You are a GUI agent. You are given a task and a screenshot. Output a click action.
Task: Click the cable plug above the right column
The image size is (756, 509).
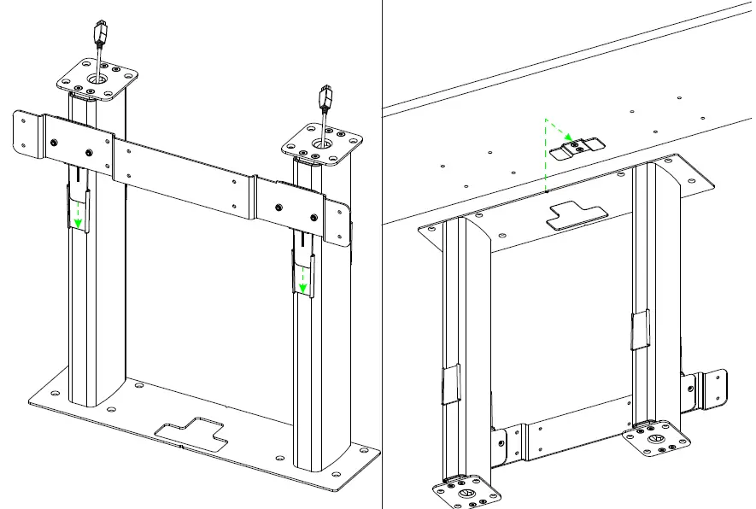click(325, 98)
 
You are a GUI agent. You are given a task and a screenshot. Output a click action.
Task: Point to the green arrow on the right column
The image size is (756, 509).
click(302, 278)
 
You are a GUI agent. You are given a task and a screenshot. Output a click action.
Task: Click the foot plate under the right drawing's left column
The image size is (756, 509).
click(466, 493)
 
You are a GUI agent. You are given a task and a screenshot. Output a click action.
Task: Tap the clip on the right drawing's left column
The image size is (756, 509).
click(450, 384)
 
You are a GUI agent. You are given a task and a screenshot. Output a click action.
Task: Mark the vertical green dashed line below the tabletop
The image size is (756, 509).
click(546, 158)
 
